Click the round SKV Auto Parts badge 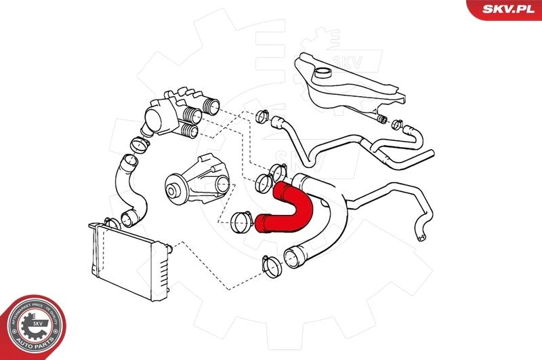31,328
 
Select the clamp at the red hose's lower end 241,220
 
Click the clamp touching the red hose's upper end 264,182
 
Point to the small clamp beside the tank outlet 382,121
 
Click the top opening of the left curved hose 126,161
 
